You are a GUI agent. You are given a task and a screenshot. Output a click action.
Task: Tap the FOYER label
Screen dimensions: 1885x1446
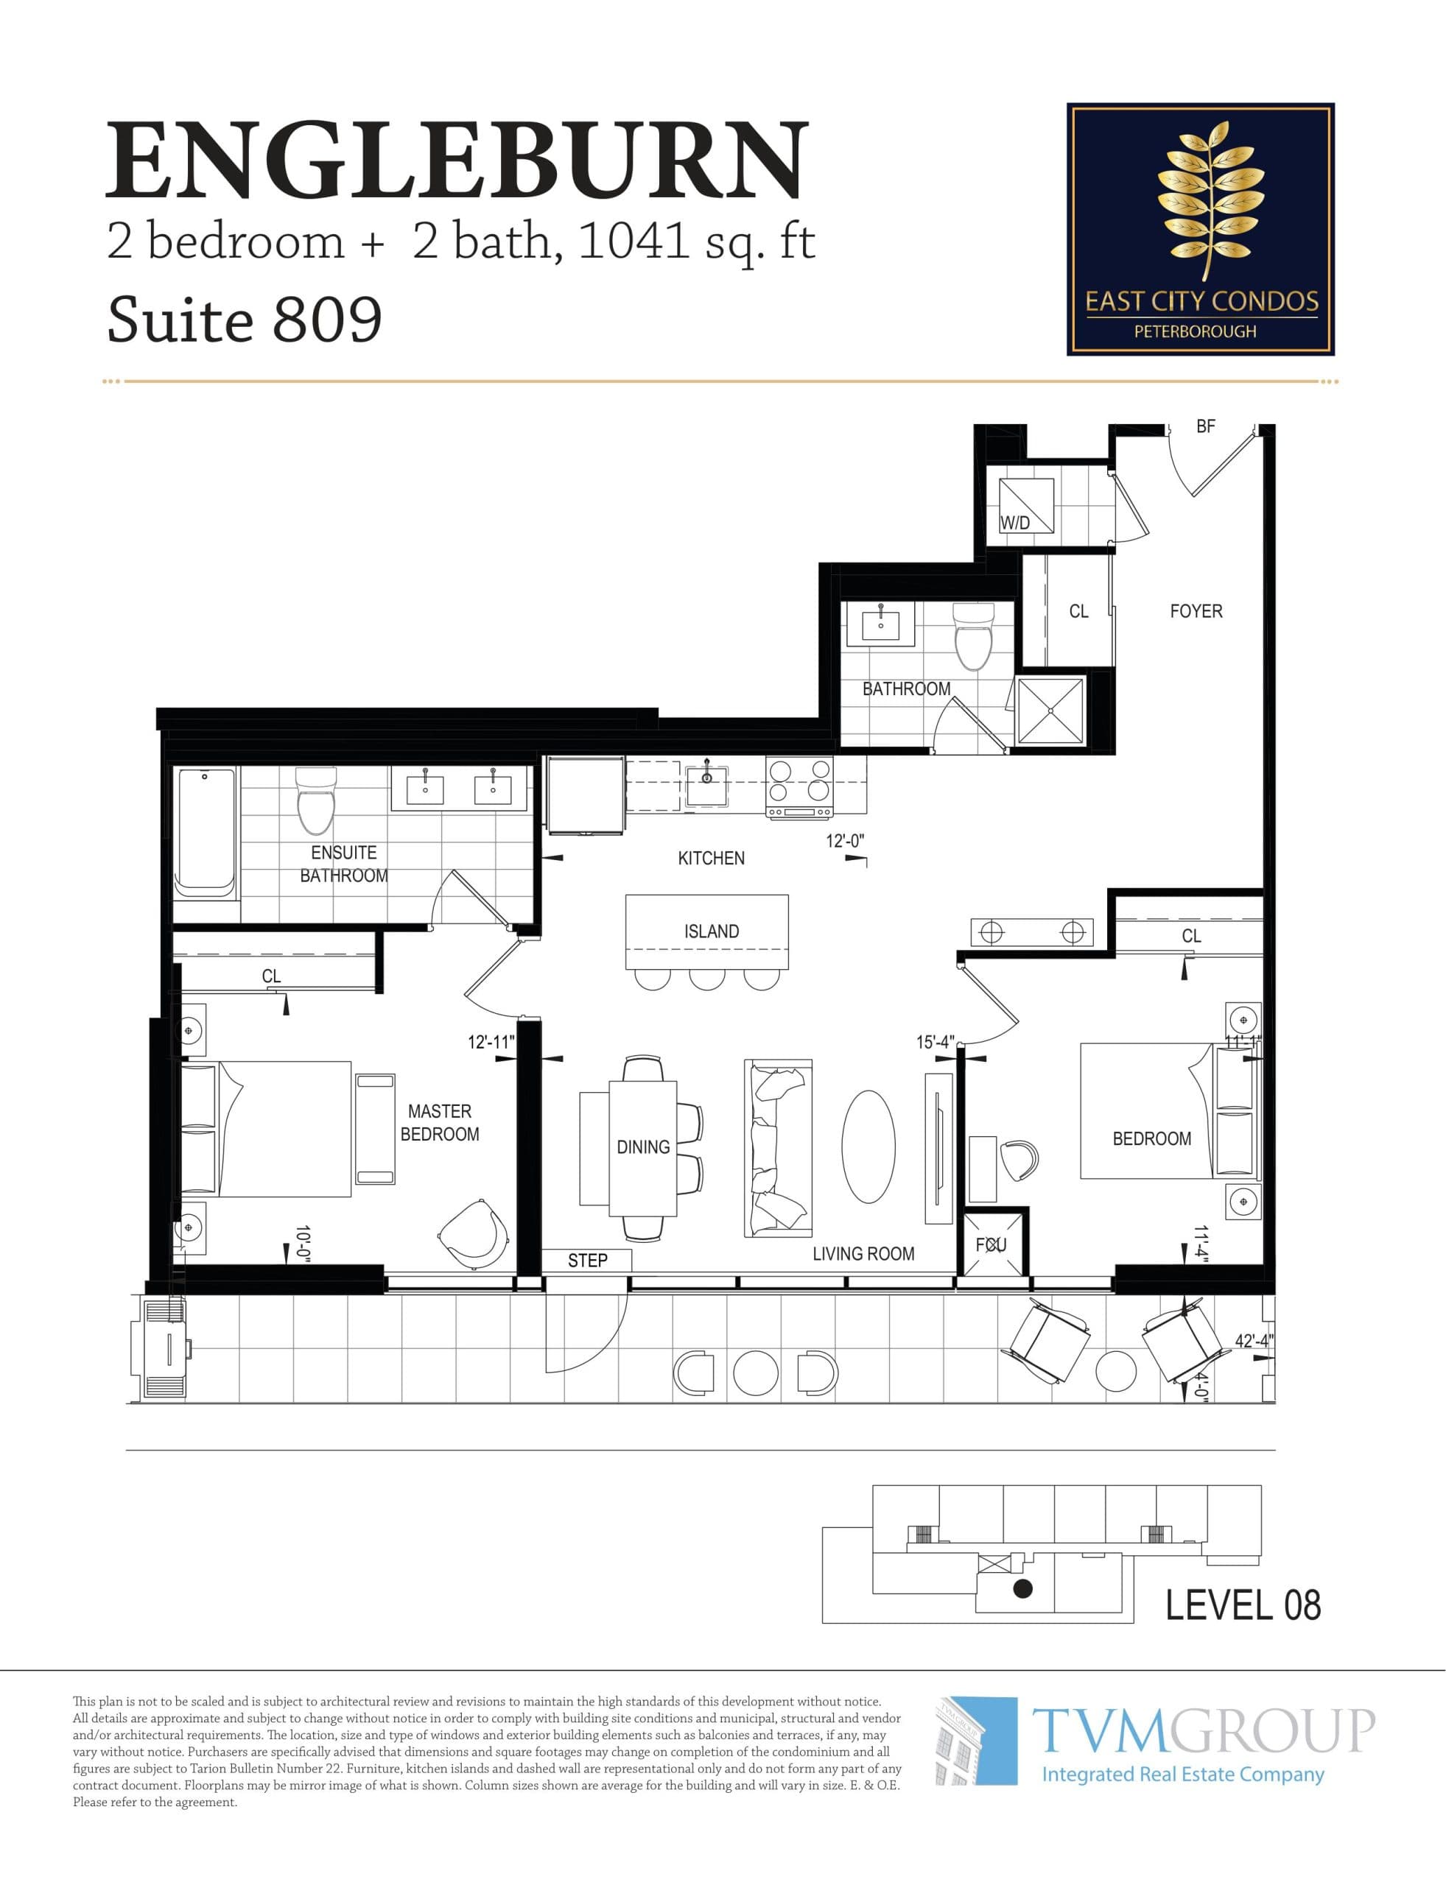tap(1196, 611)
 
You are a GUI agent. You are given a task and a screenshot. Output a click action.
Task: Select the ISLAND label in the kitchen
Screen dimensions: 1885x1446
tap(711, 931)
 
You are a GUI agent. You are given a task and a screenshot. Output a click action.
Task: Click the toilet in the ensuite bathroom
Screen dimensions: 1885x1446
tap(315, 801)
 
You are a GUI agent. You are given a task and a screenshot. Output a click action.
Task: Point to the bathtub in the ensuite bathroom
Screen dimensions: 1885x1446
tap(206, 833)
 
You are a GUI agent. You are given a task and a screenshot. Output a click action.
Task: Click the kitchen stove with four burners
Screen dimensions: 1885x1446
tap(799, 786)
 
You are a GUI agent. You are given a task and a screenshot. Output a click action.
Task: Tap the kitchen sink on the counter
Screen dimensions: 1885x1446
tap(706, 781)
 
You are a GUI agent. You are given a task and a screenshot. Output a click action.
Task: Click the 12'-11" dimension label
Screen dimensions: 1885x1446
tap(491, 1042)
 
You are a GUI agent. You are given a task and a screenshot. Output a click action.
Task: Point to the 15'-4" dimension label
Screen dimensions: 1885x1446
tap(935, 1042)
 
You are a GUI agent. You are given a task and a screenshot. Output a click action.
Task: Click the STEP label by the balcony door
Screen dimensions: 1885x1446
tap(587, 1261)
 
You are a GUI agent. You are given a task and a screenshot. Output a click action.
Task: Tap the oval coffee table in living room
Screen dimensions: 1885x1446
tap(868, 1146)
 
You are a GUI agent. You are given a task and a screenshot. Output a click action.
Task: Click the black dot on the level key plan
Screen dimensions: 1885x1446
tap(1022, 1588)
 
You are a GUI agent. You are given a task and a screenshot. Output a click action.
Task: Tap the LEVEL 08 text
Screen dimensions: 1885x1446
tap(1242, 1605)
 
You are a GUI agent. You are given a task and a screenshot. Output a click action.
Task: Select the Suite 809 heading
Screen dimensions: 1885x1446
tap(244, 320)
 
